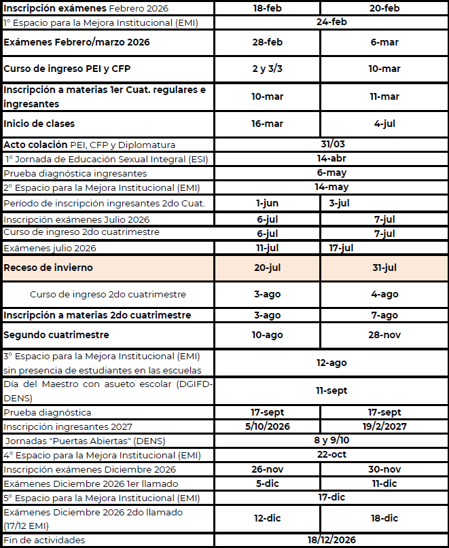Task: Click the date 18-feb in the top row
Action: [x=267, y=8]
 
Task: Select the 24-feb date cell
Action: [x=331, y=22]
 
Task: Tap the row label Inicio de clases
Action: [x=39, y=124]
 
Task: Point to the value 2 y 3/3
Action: [x=267, y=69]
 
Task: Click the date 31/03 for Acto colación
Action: [x=331, y=144]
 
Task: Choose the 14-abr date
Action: [x=331, y=158]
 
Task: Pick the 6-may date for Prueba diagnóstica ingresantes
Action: [x=331, y=172]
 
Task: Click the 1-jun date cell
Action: [x=267, y=202]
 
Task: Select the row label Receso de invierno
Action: [x=48, y=268]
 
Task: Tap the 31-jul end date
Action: [x=384, y=268]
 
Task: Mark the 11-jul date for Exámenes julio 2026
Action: [x=267, y=248]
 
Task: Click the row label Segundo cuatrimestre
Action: [x=56, y=335]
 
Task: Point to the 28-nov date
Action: [x=384, y=335]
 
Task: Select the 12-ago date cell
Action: [x=331, y=363]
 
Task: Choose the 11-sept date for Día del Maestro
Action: [x=331, y=390]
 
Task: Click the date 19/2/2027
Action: [x=384, y=426]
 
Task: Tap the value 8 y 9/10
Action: [x=331, y=440]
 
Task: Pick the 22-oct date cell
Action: [x=331, y=454]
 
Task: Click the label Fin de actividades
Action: [x=45, y=540]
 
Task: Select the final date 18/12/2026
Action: [x=331, y=540]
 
